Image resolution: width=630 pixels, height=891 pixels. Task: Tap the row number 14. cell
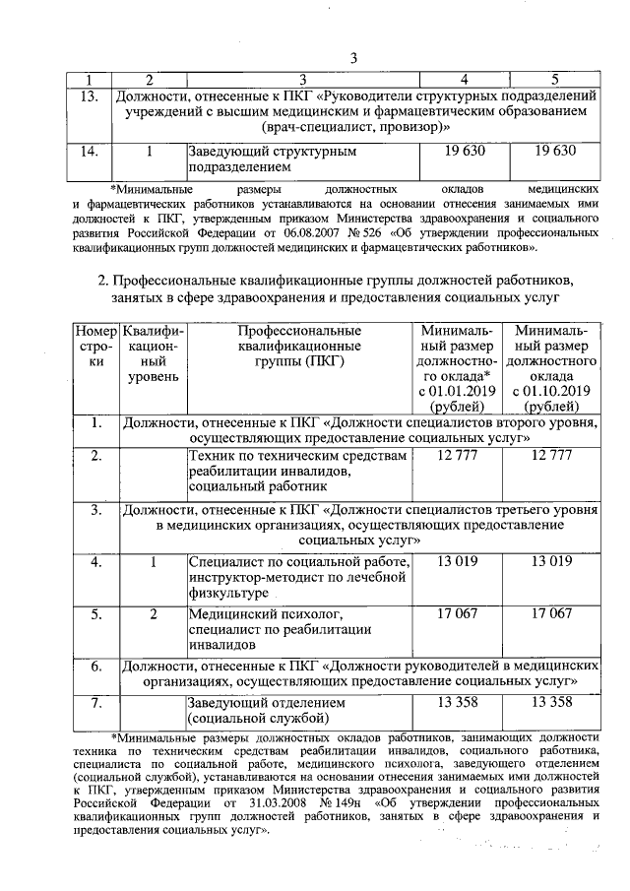(x=90, y=152)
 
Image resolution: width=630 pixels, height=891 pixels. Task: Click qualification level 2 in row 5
(x=153, y=614)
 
